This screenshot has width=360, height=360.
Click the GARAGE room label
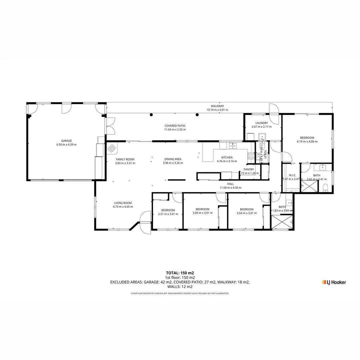click(66, 141)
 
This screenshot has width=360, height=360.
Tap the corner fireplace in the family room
click(112, 147)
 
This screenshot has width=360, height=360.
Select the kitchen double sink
click(233, 145)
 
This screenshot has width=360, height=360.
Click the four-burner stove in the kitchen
click(251, 156)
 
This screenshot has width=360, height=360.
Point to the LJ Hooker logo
click(334, 282)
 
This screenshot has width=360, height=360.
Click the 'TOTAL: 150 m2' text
click(180, 273)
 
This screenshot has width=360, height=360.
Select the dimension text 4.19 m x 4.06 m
click(307, 142)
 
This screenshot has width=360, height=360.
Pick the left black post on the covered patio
click(151, 115)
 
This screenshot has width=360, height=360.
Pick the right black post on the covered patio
click(197, 115)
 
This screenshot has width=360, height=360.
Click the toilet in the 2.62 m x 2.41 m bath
click(326, 188)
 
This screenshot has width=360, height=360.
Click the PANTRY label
click(249, 169)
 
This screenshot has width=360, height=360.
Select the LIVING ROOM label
click(123, 203)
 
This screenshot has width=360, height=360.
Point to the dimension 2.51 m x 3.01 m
click(168, 214)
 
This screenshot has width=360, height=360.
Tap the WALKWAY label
click(217, 106)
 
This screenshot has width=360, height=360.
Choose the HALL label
click(230, 184)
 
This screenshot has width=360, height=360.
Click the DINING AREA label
click(173, 159)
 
